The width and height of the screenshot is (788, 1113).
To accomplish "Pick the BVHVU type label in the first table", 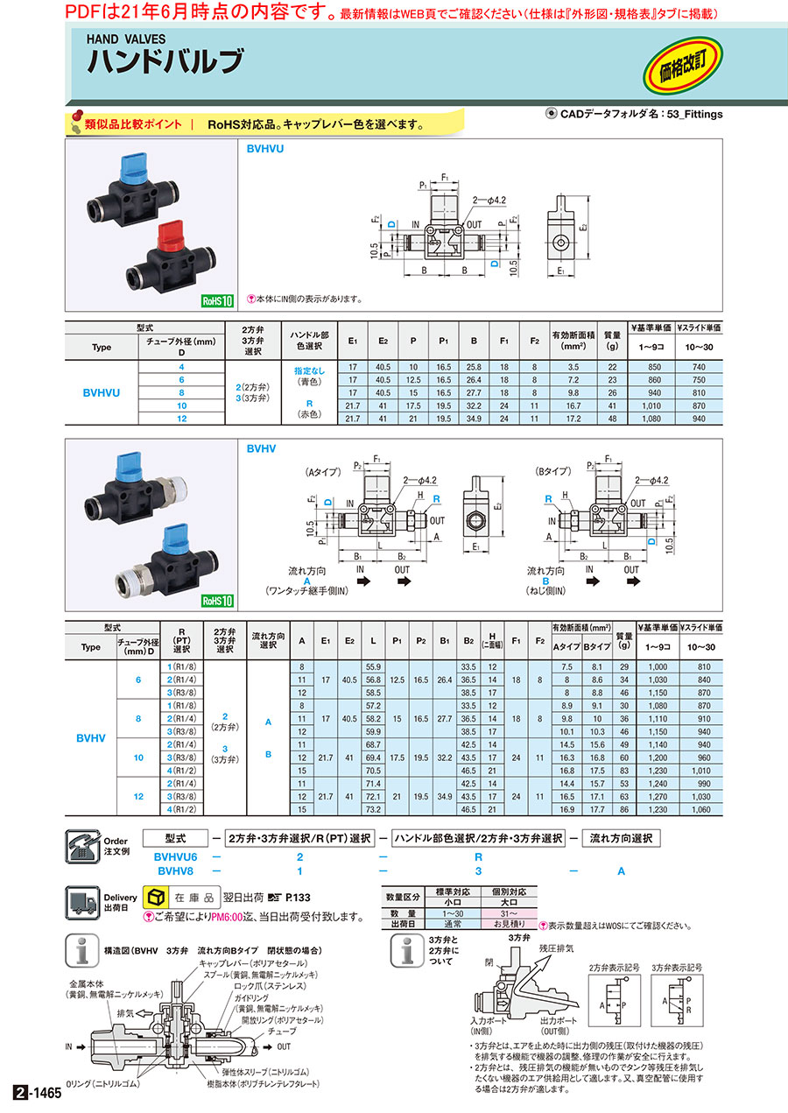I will (102, 393).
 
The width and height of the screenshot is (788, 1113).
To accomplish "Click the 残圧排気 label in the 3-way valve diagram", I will (555, 948).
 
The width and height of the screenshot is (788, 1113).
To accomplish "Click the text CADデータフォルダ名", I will (611, 114).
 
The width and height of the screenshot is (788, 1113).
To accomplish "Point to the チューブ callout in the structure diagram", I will (289, 1030).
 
